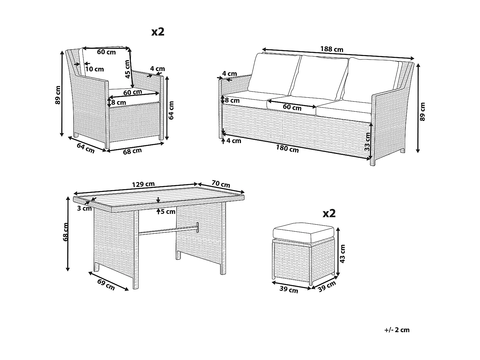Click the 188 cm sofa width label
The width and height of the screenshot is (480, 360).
pos(332,49)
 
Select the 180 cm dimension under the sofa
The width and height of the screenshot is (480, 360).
pos(287,149)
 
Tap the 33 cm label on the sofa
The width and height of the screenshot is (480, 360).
pos(367,142)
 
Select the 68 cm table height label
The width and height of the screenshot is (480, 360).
pos(66,232)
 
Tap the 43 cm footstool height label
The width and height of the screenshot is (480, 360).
pos(343,254)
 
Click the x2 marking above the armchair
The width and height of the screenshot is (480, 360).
pos(158,32)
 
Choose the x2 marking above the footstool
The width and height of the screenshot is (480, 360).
pos(329,213)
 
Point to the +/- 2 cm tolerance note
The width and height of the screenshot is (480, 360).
pos(397,330)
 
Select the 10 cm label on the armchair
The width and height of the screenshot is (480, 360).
pos(95,69)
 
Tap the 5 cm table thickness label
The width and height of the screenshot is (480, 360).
pos(168,212)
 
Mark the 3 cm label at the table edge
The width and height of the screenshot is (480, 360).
pos(84,209)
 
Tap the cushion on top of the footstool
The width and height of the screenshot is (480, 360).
pos(303,233)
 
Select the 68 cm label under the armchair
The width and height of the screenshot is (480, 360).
pos(132,151)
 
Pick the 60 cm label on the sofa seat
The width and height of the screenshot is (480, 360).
pos(292,108)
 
